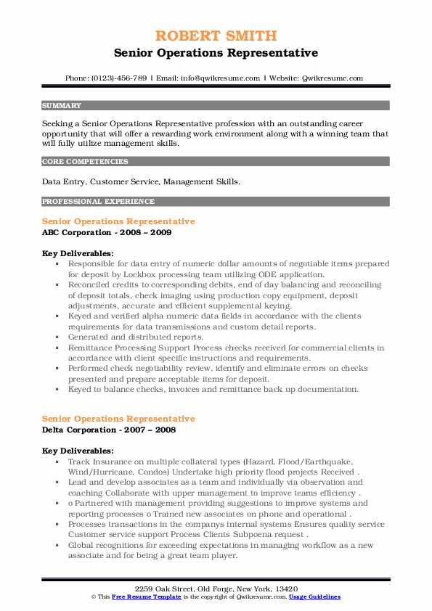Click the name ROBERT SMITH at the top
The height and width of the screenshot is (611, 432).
(216, 37)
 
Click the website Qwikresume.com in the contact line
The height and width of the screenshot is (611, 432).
(330, 78)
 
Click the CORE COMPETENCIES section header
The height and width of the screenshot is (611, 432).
(85, 162)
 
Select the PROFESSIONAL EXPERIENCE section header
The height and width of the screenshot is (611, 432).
(98, 201)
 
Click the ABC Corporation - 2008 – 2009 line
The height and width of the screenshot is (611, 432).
(107, 232)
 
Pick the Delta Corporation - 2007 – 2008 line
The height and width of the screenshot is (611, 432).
(110, 430)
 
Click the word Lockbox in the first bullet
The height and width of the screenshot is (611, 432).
(165, 276)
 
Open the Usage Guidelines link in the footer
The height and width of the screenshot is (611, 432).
(315, 596)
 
